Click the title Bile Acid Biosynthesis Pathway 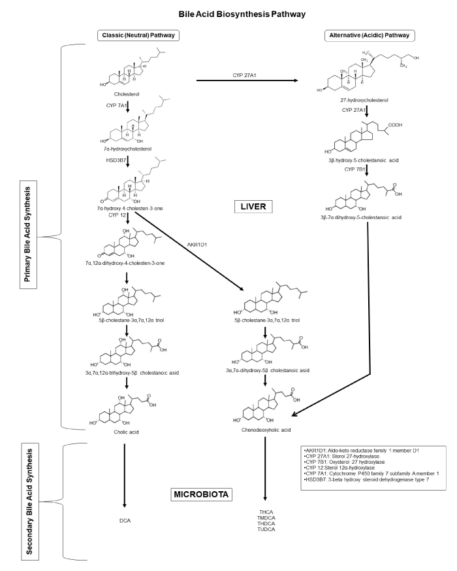[228, 13]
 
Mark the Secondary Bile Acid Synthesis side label [28, 500]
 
